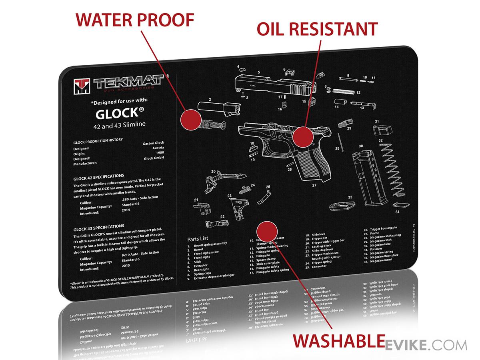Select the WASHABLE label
click(336, 341)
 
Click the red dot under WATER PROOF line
click(190, 119)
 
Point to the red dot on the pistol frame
click(303, 137)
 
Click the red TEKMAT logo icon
click(82, 86)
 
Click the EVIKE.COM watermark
click(426, 345)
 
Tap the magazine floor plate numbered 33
click(343, 206)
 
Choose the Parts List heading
click(199, 239)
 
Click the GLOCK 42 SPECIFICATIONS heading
click(98, 176)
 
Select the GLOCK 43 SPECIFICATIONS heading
click(98, 227)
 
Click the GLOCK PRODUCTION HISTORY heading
click(98, 140)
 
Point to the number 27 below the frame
click(314, 185)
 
